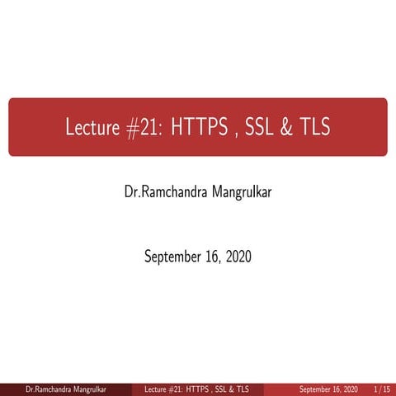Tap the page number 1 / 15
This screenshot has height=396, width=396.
[x=381, y=388]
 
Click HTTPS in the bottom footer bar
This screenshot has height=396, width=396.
[x=199, y=388]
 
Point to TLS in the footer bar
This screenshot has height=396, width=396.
[x=251, y=388]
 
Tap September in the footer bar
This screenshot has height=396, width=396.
[x=316, y=388]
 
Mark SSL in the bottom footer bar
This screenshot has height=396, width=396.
[x=227, y=388]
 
